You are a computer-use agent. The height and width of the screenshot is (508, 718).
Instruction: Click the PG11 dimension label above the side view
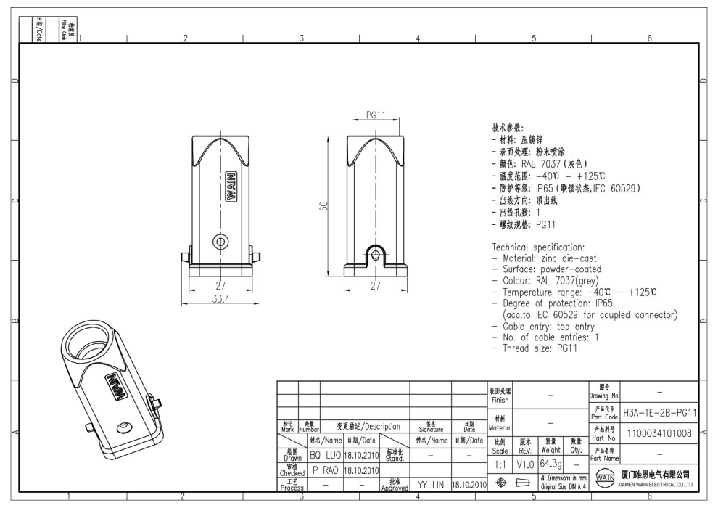coord(375,115)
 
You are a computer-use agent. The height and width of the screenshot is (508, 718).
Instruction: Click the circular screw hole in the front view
coord(219,242)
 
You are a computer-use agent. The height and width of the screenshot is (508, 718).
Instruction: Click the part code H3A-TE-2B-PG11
coord(659,412)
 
